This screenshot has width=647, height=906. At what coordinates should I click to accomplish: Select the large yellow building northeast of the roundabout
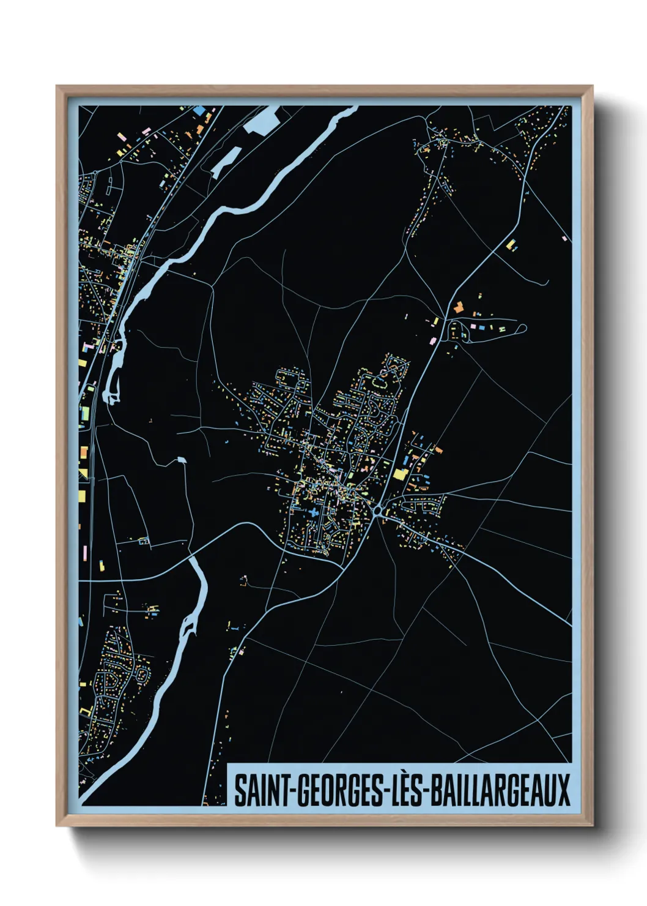400,473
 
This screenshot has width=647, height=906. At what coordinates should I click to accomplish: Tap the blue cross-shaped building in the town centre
314,512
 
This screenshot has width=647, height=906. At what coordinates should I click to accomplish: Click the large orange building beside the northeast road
457,307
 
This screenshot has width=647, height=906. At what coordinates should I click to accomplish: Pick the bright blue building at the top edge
200,111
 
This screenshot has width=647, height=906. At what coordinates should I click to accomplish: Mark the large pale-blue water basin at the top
262,119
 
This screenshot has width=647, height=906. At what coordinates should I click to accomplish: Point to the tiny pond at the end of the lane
180,459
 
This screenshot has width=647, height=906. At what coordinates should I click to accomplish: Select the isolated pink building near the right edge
564,238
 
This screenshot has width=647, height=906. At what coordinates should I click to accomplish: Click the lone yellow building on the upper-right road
510,244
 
